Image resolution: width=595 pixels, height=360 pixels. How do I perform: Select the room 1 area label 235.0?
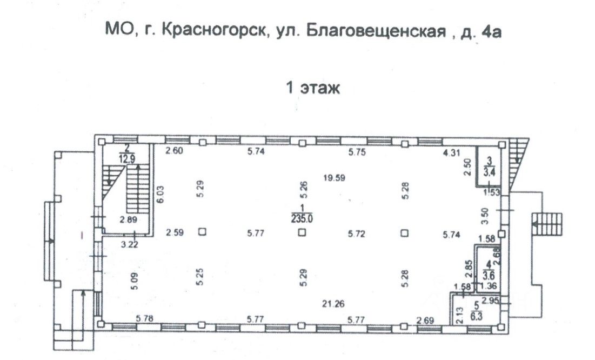302,219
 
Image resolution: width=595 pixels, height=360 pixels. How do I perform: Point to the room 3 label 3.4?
490,172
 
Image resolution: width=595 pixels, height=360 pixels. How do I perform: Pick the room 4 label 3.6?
490,274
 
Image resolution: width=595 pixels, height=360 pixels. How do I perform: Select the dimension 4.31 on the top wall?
451,152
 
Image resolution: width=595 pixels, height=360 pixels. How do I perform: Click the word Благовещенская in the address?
372,32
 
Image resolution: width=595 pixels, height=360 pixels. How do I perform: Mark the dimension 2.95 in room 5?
490,301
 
